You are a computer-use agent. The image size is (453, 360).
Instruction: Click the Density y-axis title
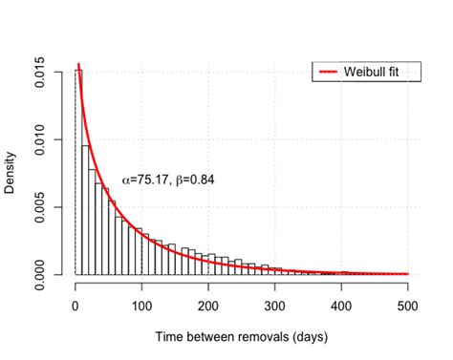11,173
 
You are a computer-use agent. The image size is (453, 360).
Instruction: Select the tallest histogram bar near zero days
79,172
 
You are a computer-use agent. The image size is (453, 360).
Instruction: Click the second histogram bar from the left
86,210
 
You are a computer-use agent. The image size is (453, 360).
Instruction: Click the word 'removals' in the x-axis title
266,337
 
